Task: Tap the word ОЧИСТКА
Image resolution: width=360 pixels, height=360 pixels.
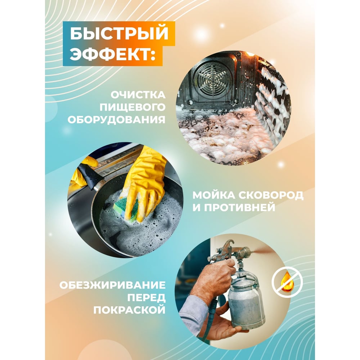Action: pyautogui.click(x=138, y=95)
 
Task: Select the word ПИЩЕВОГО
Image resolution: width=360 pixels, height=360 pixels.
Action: pyautogui.click(x=132, y=107)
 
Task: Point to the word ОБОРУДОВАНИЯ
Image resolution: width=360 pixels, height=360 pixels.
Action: pyautogui.click(x=117, y=120)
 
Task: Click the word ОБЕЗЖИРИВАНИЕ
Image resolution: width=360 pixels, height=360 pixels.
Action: pyautogui.click(x=112, y=285)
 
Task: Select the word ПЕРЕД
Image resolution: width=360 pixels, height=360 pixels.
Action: pyautogui.click(x=147, y=298)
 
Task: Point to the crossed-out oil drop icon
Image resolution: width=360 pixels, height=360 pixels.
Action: pyautogui.click(x=287, y=282)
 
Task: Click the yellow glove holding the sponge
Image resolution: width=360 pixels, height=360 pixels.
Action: pyautogui.click(x=144, y=181)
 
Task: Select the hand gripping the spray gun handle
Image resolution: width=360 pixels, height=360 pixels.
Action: pyautogui.click(x=212, y=280)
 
